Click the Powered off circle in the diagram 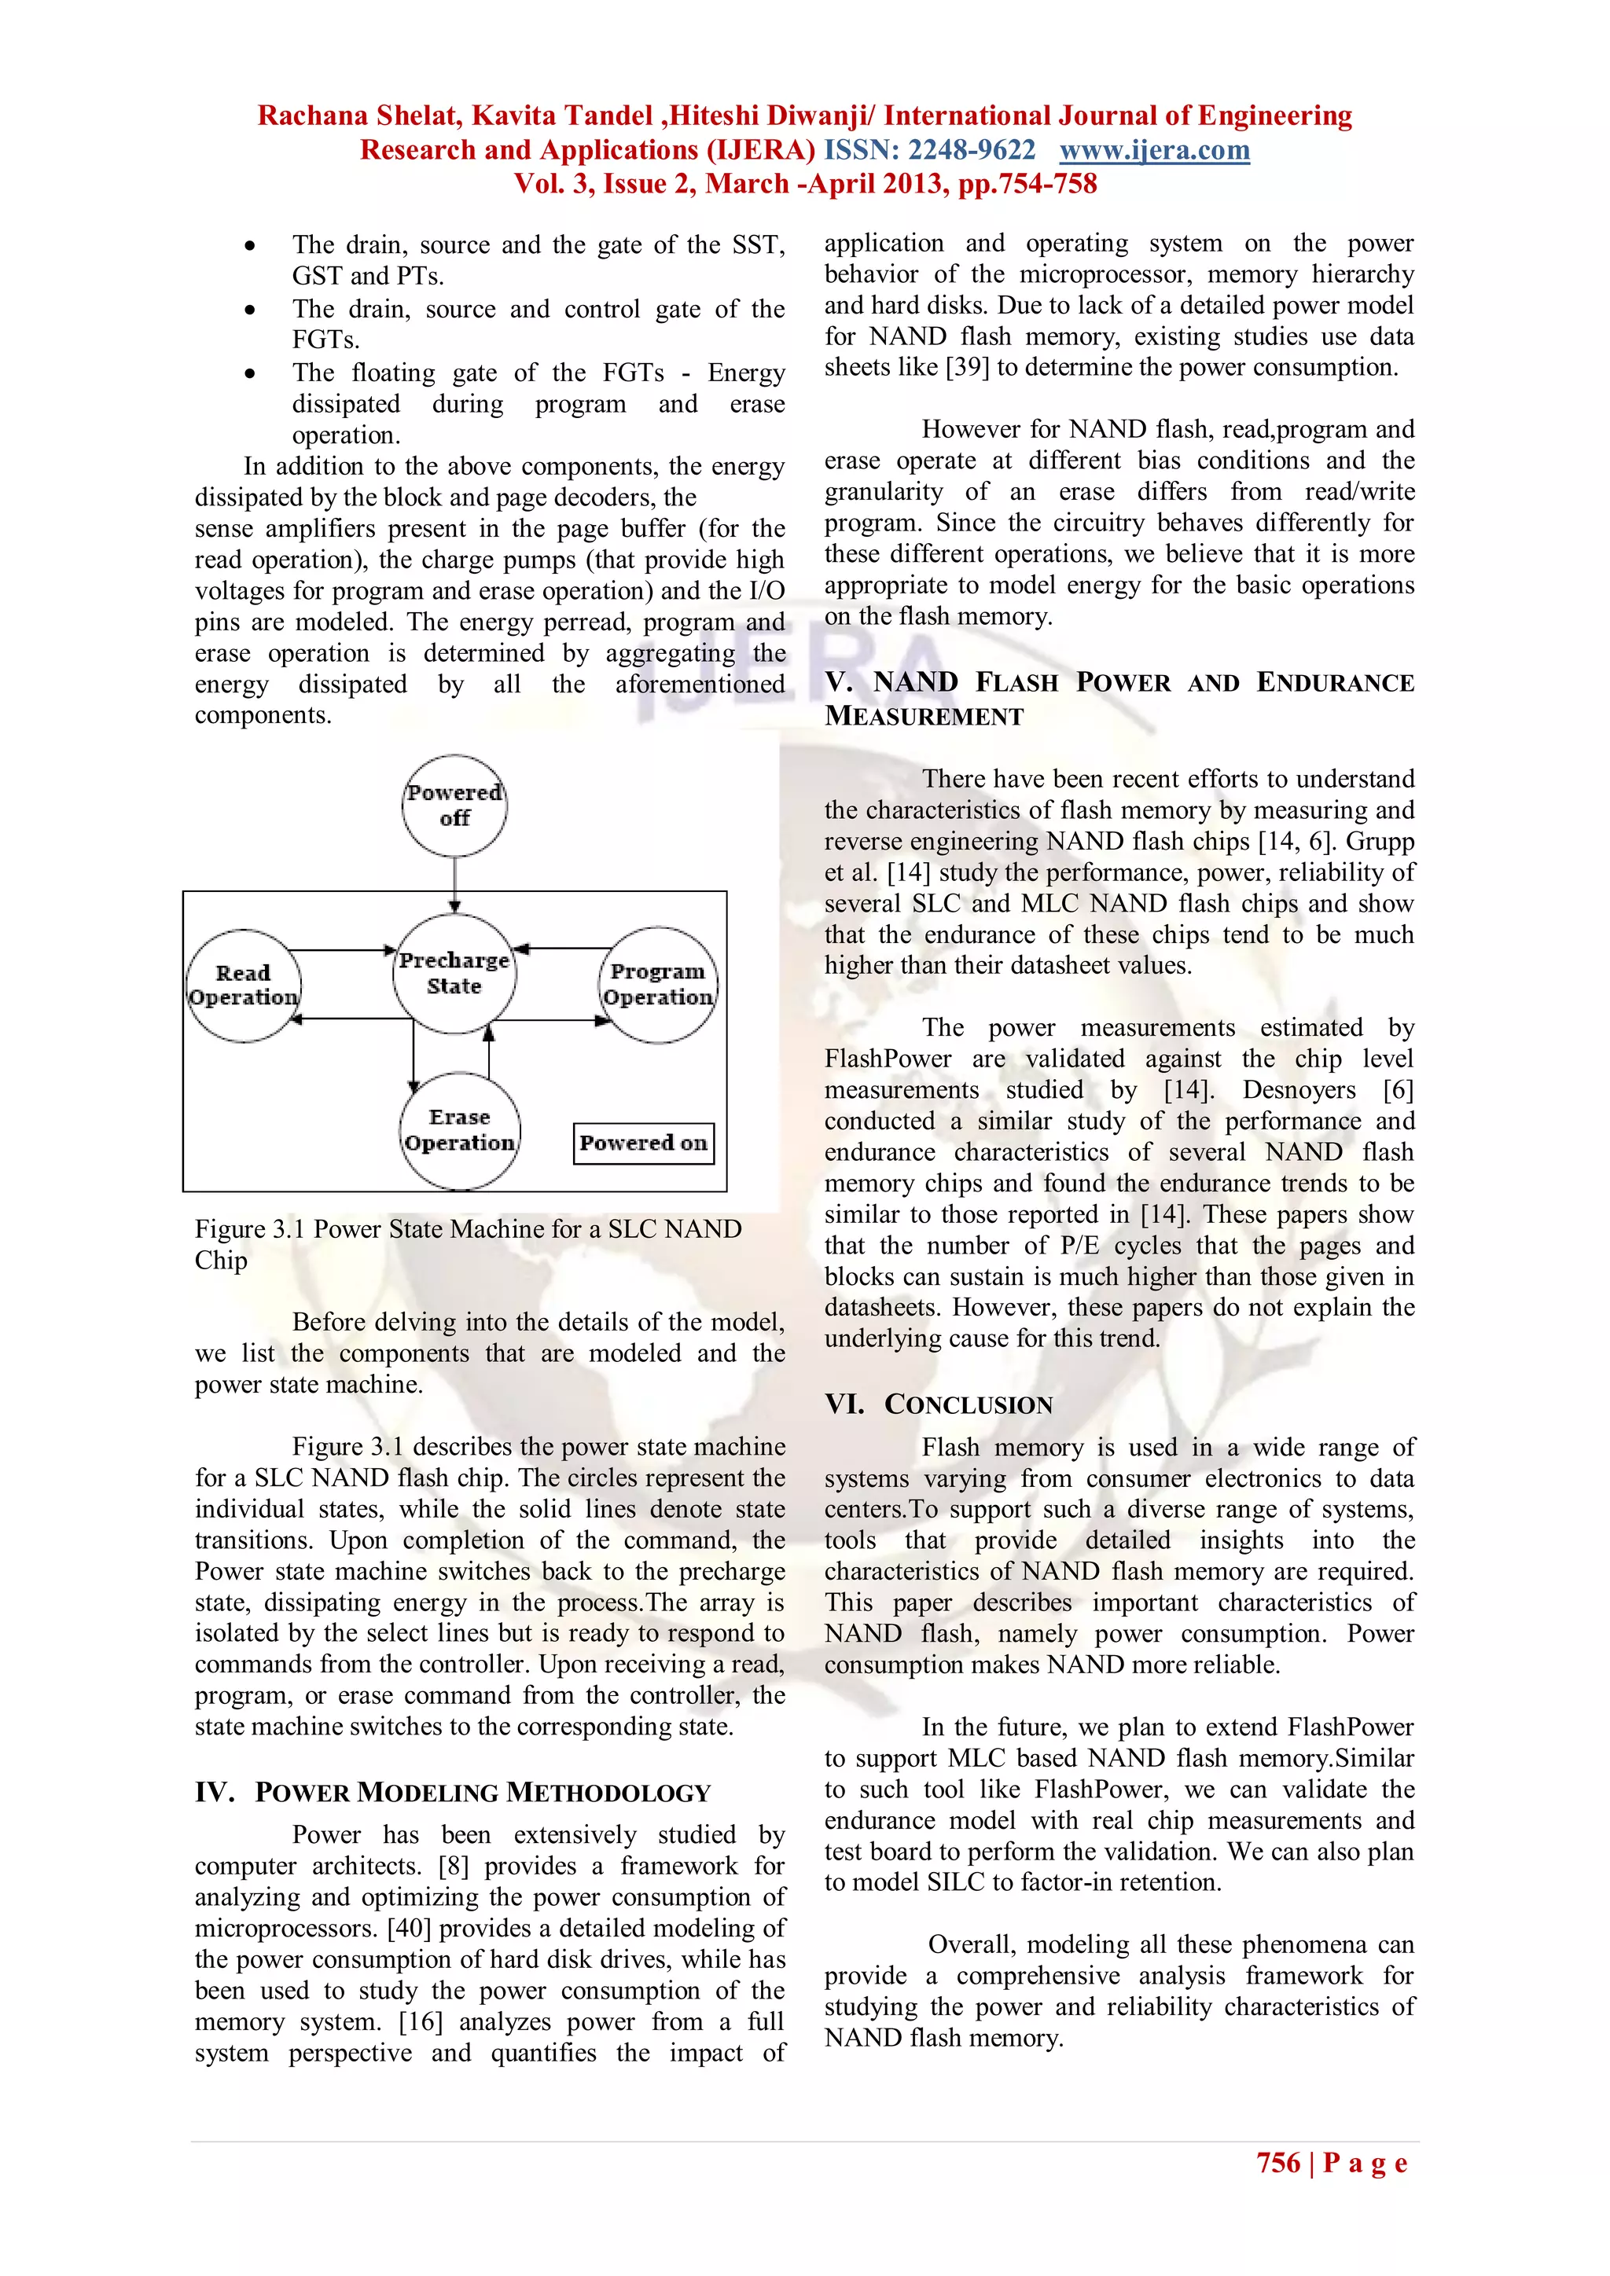[454, 806]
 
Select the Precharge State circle [454, 974]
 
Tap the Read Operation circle [243, 986]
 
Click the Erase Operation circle [460, 1130]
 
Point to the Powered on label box [643, 1143]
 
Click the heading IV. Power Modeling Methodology [452, 1792]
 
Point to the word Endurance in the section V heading [1334, 682]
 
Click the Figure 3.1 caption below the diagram [468, 1243]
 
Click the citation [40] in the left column [410, 1928]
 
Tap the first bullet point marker [250, 246]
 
